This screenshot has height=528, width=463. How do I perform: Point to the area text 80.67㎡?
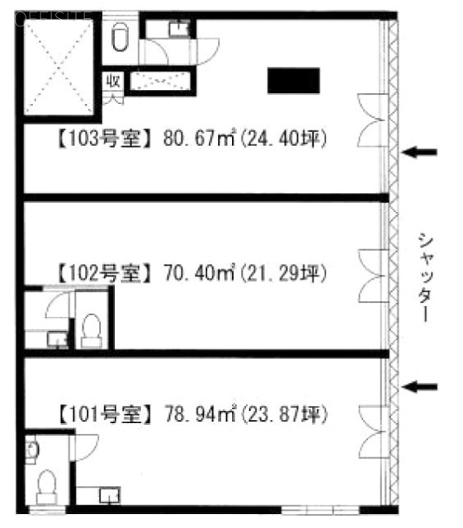[x=199, y=138]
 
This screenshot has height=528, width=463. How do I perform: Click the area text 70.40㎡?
[x=199, y=273]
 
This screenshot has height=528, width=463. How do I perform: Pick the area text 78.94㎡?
[x=201, y=414]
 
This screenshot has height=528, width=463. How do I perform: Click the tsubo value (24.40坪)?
[x=284, y=139]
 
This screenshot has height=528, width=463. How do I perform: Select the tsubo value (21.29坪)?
[x=284, y=273]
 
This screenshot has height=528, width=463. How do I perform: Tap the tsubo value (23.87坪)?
[x=285, y=414]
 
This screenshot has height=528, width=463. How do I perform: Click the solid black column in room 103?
[x=294, y=81]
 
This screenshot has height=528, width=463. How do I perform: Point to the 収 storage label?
[x=113, y=81]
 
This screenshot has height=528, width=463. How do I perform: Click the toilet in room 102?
[x=92, y=331]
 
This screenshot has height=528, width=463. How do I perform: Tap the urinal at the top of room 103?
[x=120, y=36]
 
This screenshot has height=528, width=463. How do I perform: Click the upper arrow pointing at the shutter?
[x=419, y=152]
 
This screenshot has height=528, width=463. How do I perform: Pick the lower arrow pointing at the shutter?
[x=419, y=387]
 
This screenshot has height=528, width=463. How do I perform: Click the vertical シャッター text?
[x=425, y=277]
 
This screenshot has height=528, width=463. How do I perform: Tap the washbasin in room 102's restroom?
[x=57, y=339]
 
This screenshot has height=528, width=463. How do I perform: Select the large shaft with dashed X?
[x=59, y=67]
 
